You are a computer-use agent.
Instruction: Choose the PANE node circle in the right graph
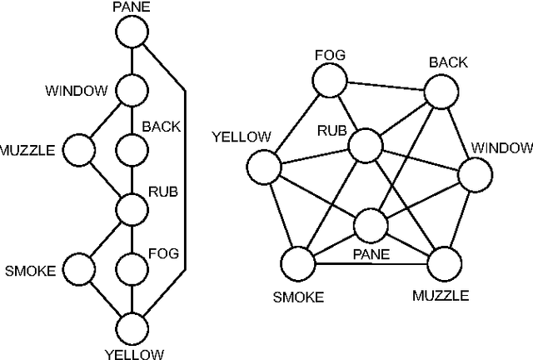coord(371,225)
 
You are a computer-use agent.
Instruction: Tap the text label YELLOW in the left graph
coord(134,353)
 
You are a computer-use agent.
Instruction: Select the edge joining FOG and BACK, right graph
coord(386,86)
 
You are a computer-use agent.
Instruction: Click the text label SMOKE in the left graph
coord(30,270)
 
